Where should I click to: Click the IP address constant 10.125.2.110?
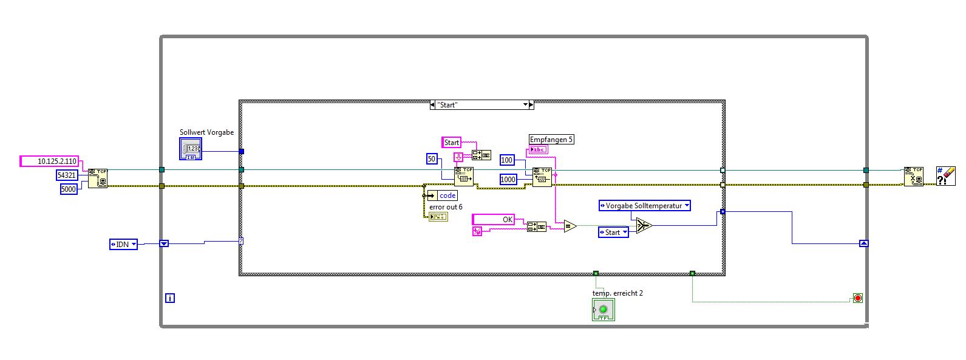coord(51,161)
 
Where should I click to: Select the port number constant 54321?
coord(67,175)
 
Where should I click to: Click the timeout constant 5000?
coord(69,189)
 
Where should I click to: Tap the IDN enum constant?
coord(123,244)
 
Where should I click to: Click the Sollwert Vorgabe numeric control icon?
coord(191,149)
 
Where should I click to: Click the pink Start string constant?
coord(451,143)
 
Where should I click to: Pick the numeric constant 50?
coord(432,159)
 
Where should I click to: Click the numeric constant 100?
coord(507,160)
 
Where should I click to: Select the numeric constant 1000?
coord(508,179)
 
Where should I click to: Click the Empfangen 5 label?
coord(551,140)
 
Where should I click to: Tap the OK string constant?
coord(493,219)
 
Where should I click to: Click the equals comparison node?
coord(570,226)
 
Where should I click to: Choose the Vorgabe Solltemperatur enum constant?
coord(644,206)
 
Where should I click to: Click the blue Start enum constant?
coord(613,233)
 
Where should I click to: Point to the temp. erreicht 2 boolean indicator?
coord(603,310)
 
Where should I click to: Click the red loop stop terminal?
coord(857,298)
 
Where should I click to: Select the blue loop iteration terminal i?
coord(170,298)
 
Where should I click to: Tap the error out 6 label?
coord(446,207)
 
